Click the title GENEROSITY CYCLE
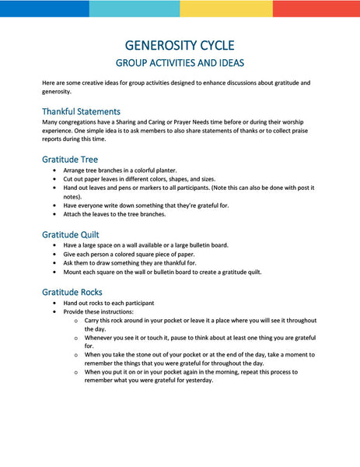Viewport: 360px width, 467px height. click(180, 45)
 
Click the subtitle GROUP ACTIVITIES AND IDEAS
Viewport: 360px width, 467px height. click(180, 62)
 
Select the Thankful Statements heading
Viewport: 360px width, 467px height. click(81, 111)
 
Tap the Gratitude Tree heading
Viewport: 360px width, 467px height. click(70, 159)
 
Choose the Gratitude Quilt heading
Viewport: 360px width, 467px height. click(72, 233)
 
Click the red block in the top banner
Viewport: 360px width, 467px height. click(316, 9)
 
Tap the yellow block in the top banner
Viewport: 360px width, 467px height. click(225, 9)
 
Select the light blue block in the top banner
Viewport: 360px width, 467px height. click(135, 9)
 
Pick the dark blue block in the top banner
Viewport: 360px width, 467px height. click(44, 9)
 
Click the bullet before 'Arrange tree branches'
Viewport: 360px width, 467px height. click(54, 170)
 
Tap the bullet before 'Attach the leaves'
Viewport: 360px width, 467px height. click(54, 214)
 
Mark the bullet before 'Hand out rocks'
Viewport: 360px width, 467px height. click(54, 302)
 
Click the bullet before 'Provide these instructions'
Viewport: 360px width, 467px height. click(54, 311)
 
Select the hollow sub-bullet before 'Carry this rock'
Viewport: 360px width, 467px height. click(75, 321)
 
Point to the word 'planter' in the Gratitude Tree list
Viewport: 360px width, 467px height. click(165, 170)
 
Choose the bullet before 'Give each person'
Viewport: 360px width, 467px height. click(54, 254)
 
